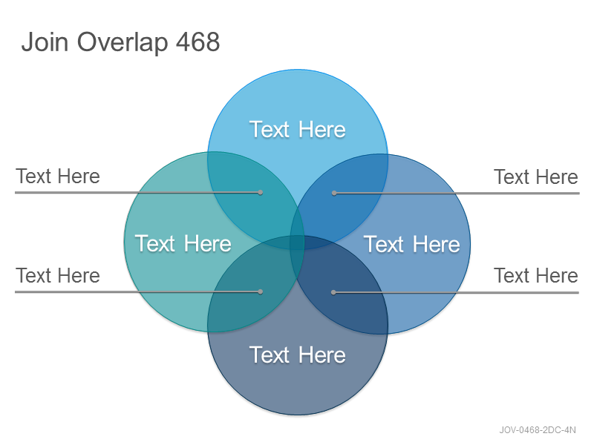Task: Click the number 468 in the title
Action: click(198, 42)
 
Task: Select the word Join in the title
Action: click(45, 42)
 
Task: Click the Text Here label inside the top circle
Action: click(298, 129)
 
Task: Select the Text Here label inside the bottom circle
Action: click(298, 355)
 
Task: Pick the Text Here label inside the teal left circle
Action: click(183, 243)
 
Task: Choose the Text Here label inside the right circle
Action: click(412, 244)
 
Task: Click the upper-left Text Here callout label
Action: click(58, 177)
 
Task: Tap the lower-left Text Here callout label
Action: click(58, 275)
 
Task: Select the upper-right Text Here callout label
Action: click(535, 177)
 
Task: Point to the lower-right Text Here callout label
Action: click(535, 275)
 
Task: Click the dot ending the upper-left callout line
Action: click(261, 193)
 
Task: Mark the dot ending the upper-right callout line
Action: click(334, 193)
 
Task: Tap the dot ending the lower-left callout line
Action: click(261, 291)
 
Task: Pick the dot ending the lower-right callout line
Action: click(333, 292)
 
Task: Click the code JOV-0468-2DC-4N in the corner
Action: click(537, 430)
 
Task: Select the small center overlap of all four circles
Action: click(298, 243)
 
